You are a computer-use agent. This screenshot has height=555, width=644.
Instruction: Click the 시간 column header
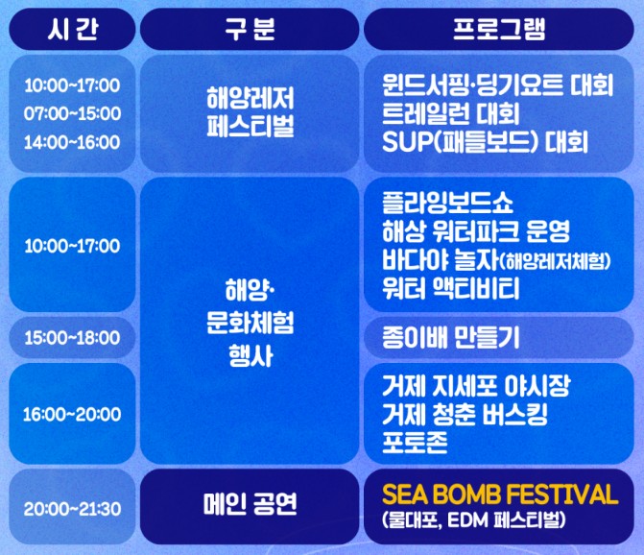[x=72, y=29]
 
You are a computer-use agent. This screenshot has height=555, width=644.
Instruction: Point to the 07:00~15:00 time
[x=72, y=113]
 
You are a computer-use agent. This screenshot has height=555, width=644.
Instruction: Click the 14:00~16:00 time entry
[x=72, y=142]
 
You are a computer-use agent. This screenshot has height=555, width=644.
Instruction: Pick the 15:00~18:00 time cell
[x=72, y=337]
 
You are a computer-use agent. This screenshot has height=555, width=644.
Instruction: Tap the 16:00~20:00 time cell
[x=72, y=415]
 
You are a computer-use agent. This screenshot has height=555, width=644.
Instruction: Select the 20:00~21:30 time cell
[x=72, y=508]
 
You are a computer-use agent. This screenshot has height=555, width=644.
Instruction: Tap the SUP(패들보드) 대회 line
[x=484, y=143]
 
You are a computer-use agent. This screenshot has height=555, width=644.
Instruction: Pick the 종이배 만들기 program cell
[x=449, y=337]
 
